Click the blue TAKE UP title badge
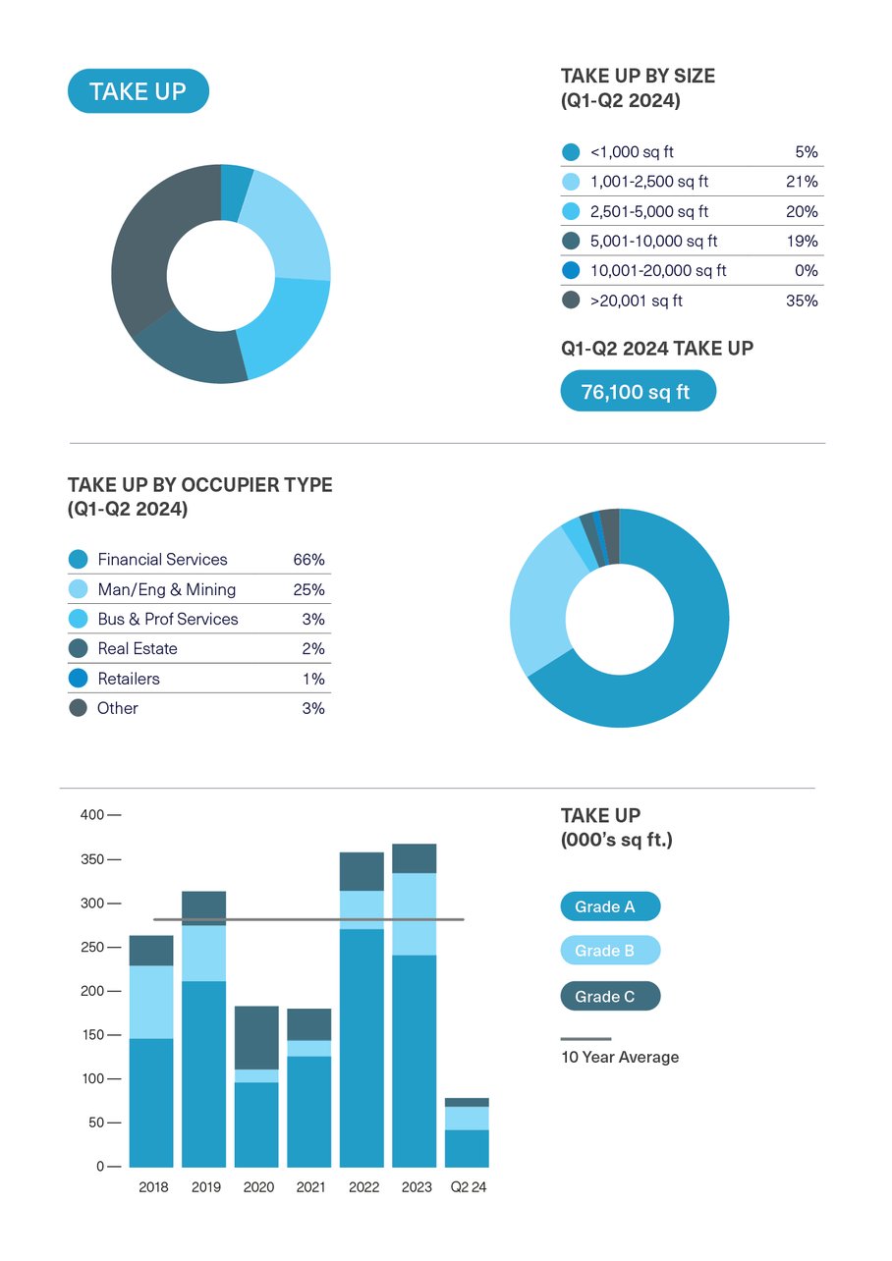pos(138,91)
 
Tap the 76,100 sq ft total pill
pos(638,391)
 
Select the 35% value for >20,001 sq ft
pos(802,301)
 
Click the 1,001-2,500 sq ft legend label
pos(648,182)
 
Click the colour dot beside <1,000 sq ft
pos(571,152)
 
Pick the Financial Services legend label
pos(162,560)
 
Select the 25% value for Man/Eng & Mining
pos(308,589)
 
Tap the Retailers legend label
pos(129,679)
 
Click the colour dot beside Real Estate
pos(78,649)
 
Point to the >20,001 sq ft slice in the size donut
pos(147,246)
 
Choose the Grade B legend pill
pos(610,951)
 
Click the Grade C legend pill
pos(610,997)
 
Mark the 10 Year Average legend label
pos(620,1058)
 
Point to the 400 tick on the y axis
pos(91,815)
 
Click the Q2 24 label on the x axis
pos(469,1186)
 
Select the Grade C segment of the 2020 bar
pos(256,1037)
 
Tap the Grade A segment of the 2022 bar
pos(362,1047)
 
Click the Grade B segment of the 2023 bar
pos(415,913)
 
